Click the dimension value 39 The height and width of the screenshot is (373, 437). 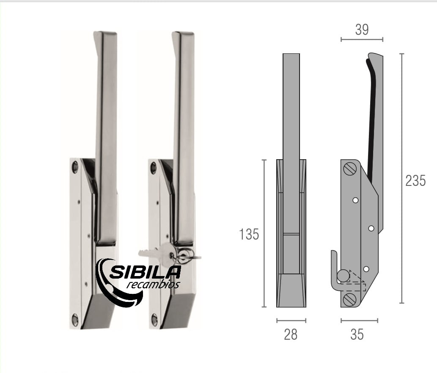pyautogui.click(x=362, y=30)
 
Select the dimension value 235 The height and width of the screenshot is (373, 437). pyautogui.click(x=415, y=180)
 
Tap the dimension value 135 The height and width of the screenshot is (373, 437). pyautogui.click(x=249, y=234)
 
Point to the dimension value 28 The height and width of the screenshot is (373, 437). pyautogui.click(x=291, y=334)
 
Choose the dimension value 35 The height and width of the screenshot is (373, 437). pyautogui.click(x=357, y=334)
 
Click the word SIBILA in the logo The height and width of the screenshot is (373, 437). pyautogui.click(x=145, y=272)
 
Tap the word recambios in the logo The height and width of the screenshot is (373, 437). pyautogui.click(x=153, y=285)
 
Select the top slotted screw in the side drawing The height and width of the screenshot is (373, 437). pyautogui.click(x=350, y=169)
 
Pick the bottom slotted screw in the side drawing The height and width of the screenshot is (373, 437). pyautogui.click(x=349, y=300)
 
